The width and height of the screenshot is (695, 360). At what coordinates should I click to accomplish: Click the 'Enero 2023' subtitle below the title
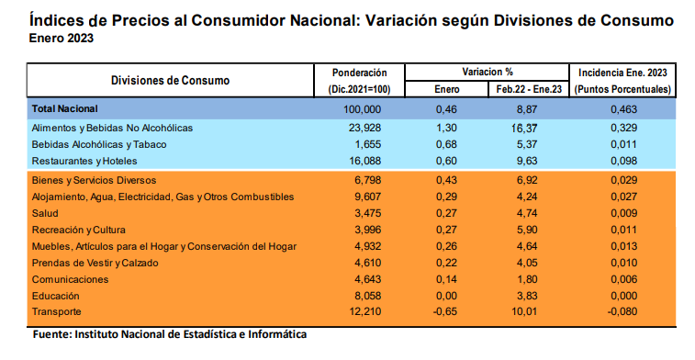click(x=61, y=39)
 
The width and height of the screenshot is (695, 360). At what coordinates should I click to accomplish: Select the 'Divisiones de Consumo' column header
click(x=170, y=80)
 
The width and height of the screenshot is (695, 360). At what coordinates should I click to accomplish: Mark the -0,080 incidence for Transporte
click(x=623, y=313)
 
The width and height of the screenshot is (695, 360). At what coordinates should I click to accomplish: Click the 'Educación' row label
click(x=56, y=296)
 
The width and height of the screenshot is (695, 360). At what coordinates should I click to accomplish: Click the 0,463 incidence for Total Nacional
click(x=623, y=108)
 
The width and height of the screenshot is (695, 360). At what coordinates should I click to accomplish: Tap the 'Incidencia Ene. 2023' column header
click(x=623, y=72)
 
